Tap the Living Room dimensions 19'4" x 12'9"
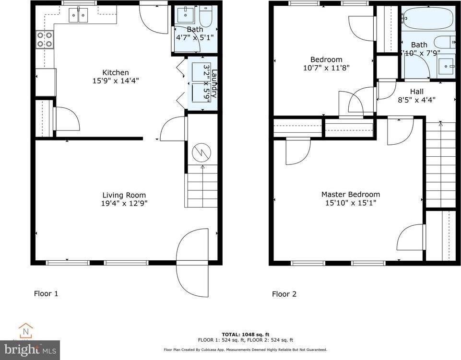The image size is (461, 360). click(124, 203)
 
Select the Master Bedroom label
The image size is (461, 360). click(350, 194)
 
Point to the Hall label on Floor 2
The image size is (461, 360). click(416, 92)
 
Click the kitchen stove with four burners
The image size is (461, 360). click(45, 39)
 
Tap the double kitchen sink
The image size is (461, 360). click(79, 15)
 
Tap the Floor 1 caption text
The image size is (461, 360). click(46, 293)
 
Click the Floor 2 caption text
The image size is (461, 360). click(284, 294)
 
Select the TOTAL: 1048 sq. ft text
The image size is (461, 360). click(245, 334)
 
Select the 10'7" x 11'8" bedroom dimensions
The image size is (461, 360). click(326, 68)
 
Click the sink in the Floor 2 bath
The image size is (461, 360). click(447, 65)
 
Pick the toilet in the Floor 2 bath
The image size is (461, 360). click(445, 42)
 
